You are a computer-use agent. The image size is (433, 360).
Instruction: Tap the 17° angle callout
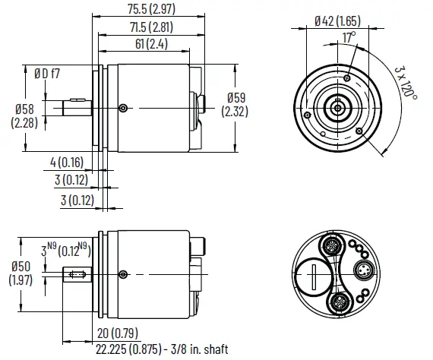(349, 37)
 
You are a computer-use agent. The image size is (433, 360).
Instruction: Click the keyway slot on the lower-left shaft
(75, 274)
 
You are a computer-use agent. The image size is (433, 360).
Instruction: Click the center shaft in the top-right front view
(333, 108)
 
